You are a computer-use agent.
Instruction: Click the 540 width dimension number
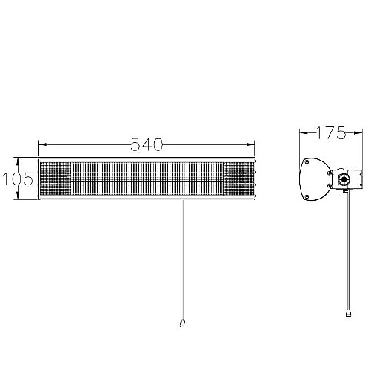pyautogui.click(x=147, y=144)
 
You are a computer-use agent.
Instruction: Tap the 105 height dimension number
pyautogui.click(x=18, y=179)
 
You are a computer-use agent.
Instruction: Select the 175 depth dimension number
pyautogui.click(x=331, y=133)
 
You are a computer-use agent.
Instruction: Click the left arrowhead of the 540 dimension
pyautogui.click(x=43, y=144)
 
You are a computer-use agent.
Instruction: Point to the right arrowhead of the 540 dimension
pyautogui.click(x=251, y=144)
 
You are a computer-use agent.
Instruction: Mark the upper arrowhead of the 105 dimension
pyautogui.click(x=18, y=162)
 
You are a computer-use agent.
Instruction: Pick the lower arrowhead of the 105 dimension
pyautogui.click(x=18, y=195)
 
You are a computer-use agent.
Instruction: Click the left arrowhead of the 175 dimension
pyautogui.click(x=304, y=133)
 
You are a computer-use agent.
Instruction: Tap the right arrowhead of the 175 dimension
pyautogui.click(x=358, y=133)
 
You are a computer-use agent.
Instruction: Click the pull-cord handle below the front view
pyautogui.click(x=182, y=324)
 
